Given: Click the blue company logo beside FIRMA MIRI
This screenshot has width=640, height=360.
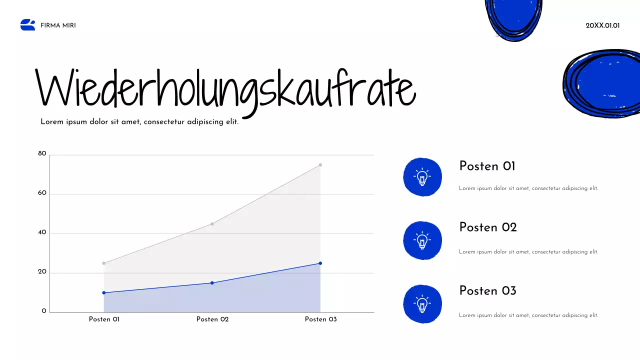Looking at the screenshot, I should point(28,25).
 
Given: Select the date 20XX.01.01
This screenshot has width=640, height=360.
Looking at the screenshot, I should point(602,25).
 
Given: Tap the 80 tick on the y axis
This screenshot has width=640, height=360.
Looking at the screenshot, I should point(42,154).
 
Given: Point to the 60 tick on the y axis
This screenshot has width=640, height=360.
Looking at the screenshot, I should point(42,193).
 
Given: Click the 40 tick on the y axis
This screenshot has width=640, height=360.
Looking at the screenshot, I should point(42,232).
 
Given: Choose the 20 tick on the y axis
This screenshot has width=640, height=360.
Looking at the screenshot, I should point(42,272).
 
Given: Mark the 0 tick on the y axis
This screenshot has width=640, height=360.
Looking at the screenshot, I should point(44,311).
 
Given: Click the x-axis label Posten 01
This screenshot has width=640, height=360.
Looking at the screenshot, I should point(104,319).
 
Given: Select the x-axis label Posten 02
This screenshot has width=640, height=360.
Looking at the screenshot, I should point(212,319).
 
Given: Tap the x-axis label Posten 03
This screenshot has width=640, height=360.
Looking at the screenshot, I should point(320,319).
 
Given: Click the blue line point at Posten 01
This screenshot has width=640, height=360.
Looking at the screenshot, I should point(104,292).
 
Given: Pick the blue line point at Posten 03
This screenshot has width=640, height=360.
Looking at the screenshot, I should point(320,263).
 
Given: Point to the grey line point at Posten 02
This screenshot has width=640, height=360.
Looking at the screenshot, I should point(212,223).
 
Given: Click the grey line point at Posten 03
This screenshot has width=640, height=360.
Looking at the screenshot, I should point(320,164).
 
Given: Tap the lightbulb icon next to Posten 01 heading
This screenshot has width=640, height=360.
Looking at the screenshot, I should point(422,177).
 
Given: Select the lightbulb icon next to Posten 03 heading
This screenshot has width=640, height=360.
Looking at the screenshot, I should point(422,303).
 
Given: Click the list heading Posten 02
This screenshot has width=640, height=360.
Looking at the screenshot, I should point(487,227).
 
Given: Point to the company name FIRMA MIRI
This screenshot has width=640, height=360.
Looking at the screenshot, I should point(58,25).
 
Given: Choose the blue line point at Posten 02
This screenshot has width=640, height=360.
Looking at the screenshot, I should point(212,283).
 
